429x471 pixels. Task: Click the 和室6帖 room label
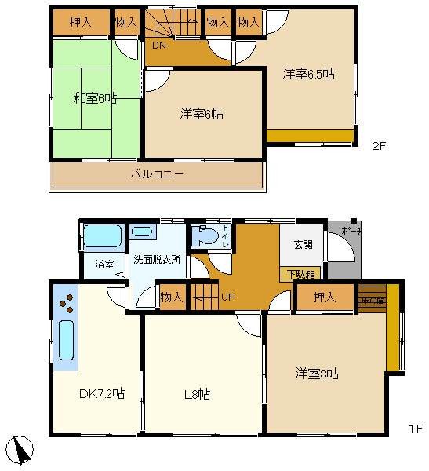(95, 98)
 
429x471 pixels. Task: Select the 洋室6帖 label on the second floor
(202, 114)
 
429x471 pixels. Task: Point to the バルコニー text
(157, 173)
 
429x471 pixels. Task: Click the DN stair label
(159, 45)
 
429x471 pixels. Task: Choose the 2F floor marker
(380, 146)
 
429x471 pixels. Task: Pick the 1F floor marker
(416, 429)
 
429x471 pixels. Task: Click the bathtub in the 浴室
(103, 236)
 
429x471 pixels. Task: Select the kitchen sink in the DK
(66, 341)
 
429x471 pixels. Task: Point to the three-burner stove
(65, 303)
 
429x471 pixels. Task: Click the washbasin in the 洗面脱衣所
(142, 232)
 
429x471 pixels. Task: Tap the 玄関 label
(304, 244)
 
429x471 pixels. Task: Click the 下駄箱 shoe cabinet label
(300, 274)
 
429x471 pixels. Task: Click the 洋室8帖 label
(317, 374)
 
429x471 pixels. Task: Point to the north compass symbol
(22, 450)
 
